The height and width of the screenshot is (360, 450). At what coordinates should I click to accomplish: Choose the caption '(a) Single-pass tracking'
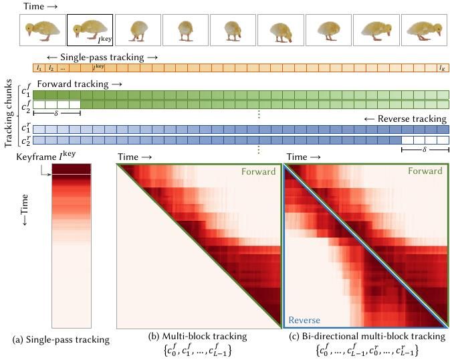[x=61, y=340]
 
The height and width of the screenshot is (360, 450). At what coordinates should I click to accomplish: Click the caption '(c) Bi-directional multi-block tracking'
[x=366, y=335]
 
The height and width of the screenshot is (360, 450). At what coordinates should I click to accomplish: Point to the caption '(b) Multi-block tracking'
[x=198, y=335]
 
